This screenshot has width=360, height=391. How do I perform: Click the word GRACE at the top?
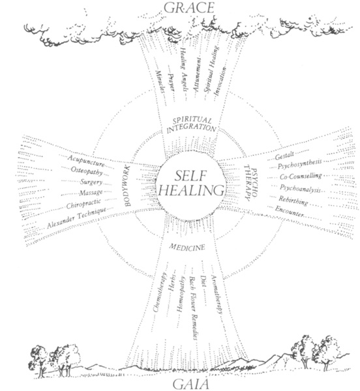pyautogui.click(x=189, y=7)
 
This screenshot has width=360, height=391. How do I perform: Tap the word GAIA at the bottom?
pyautogui.click(x=191, y=384)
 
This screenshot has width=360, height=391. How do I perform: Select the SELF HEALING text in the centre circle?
pyautogui.click(x=191, y=183)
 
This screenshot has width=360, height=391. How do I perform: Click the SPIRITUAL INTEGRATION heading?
pyautogui.click(x=191, y=125)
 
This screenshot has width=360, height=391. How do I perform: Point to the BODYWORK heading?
pyautogui.click(x=128, y=186)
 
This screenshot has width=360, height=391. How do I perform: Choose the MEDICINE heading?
pyautogui.click(x=187, y=247)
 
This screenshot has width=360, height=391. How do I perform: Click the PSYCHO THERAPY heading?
pyautogui.click(x=250, y=182)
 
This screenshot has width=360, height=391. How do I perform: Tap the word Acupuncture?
pyautogui.click(x=86, y=161)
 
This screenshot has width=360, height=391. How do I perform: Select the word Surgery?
pyautogui.click(x=91, y=182)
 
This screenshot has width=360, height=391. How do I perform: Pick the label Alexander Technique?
pyautogui.click(x=76, y=218)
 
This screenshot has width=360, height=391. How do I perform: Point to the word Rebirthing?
pyautogui.click(x=293, y=200)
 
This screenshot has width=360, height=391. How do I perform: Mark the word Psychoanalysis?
pyautogui.click(x=300, y=188)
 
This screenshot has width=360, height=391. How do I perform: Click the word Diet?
pyautogui.click(x=203, y=282)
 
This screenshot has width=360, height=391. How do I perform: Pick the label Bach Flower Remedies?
pyautogui.click(x=193, y=308)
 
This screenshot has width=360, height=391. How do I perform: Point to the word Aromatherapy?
pyautogui.click(x=217, y=295)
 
